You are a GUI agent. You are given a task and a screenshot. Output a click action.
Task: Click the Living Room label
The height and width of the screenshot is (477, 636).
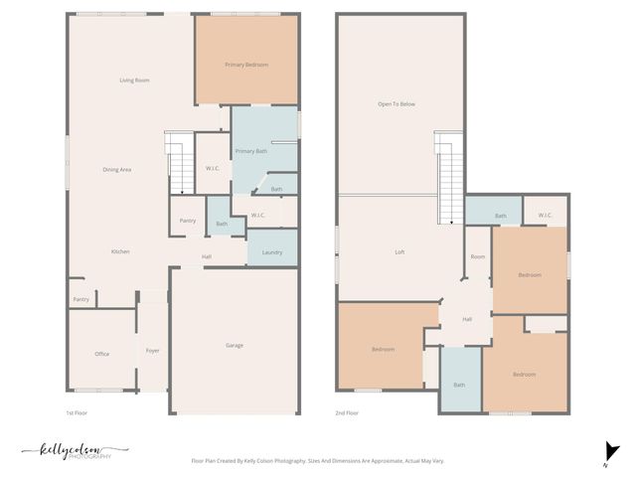point(134,79)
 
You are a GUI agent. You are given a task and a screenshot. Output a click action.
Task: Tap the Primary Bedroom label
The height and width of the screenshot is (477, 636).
point(246,65)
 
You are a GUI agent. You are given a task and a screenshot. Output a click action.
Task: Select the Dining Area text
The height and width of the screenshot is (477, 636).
point(117,170)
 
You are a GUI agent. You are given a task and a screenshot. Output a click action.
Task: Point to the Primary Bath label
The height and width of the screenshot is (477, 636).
point(251,151)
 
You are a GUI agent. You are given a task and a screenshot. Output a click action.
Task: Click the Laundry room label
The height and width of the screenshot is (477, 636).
point(272,252)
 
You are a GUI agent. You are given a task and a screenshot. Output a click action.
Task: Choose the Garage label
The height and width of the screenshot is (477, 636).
point(235,345)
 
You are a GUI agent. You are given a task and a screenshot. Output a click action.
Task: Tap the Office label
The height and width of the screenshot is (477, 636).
point(101,354)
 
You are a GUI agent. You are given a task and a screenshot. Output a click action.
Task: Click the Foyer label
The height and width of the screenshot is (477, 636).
point(153,351)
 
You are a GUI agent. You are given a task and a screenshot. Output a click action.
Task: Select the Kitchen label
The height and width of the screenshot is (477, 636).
point(120,251)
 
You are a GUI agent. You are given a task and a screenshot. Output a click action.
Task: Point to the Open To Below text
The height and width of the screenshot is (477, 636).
point(396,103)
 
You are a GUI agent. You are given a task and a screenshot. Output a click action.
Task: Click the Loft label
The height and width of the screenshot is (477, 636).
point(399,252)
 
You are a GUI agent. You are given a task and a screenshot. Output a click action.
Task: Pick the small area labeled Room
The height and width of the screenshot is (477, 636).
point(478,256)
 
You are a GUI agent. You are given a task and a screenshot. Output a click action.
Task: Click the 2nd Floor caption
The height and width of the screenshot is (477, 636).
point(347,412)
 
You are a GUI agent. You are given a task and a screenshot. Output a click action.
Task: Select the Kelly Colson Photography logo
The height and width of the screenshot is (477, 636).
point(75,451)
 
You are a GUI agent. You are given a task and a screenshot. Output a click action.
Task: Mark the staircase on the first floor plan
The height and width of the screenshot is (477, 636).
point(178,164)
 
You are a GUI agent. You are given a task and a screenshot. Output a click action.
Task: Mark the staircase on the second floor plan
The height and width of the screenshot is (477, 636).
point(450,179)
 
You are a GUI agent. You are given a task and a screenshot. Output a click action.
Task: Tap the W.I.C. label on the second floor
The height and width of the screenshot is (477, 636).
point(545,216)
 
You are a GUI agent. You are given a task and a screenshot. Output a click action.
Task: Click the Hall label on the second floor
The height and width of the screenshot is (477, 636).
point(466,319)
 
